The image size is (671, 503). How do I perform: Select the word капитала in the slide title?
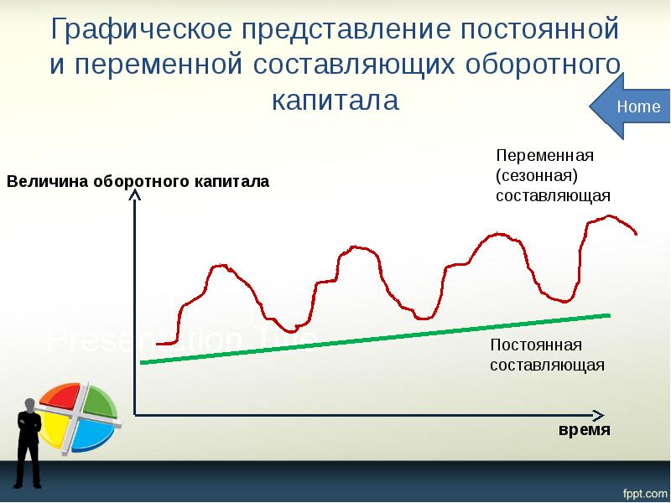pyautogui.click(x=335, y=101)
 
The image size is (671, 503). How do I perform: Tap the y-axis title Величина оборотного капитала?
pyautogui.click(x=138, y=181)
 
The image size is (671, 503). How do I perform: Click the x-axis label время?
pyautogui.click(x=584, y=429)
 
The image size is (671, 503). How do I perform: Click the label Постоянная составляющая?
pyautogui.click(x=547, y=355)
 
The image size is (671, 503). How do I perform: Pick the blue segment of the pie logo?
pyautogui.click(x=88, y=435)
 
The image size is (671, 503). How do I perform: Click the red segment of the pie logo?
pyautogui.click(x=59, y=399)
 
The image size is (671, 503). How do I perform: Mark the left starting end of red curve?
pyautogui.click(x=158, y=343)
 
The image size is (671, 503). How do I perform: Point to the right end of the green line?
pyautogui.click(x=609, y=315)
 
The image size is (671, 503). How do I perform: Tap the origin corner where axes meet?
pyautogui.click(x=134, y=415)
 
